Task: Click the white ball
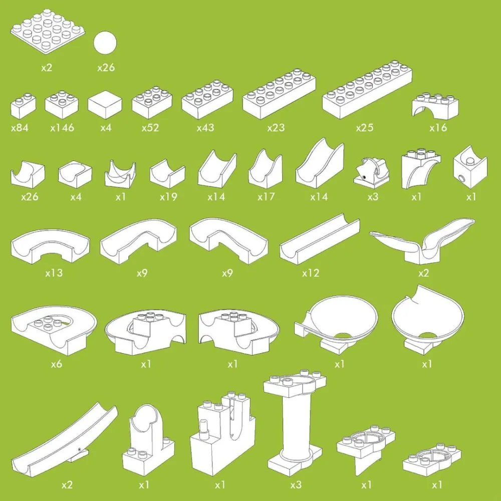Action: [x=105, y=43]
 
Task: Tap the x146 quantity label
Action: [x=62, y=128]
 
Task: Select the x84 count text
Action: [x=20, y=128]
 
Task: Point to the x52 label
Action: [x=150, y=128]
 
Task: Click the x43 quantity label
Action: [x=205, y=128]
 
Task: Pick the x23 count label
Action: [x=276, y=128]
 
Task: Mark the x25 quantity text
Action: [x=365, y=128]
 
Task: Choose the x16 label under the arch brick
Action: [x=438, y=128]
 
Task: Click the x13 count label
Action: [x=54, y=273]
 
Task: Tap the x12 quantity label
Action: [x=311, y=273]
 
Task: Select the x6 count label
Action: [x=57, y=364]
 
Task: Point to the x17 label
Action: [x=266, y=197]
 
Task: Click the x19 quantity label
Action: [x=168, y=197]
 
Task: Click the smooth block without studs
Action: [x=105, y=104]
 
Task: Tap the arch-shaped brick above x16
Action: [x=435, y=105]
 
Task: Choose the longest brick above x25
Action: [x=367, y=90]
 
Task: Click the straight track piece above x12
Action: [x=320, y=239]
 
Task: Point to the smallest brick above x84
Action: [x=23, y=105]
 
